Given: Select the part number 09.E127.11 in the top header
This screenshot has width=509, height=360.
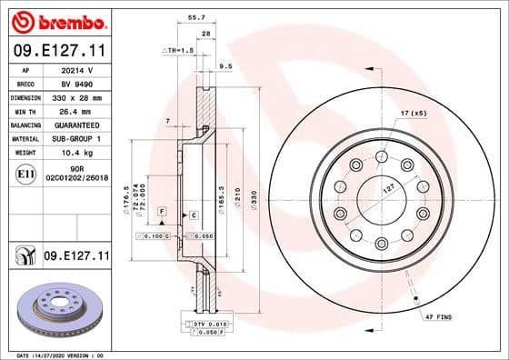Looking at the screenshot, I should [58, 51].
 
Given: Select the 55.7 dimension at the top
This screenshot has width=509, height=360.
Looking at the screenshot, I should [194, 15].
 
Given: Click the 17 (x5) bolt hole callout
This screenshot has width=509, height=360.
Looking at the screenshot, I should [412, 112].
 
